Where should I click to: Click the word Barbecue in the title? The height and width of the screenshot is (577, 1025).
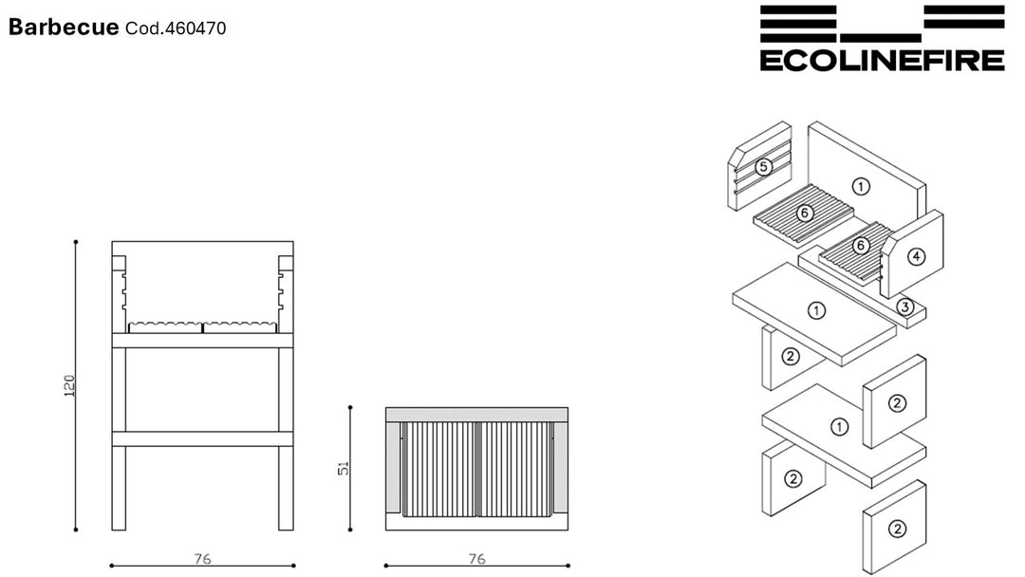point(64,27)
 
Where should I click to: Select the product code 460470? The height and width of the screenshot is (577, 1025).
point(196,28)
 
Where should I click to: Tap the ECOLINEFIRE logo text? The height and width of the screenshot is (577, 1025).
point(882,60)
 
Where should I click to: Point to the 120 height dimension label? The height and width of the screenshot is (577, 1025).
point(69,385)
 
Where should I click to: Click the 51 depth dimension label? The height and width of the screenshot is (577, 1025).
point(344,468)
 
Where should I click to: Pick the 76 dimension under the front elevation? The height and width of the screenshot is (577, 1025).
point(203,559)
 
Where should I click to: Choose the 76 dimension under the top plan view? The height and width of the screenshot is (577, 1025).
point(477,559)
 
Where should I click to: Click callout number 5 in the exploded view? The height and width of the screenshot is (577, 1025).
point(763,167)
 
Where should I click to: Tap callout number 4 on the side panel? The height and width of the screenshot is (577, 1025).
point(917,257)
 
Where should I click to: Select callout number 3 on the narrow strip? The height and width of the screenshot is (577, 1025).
point(904,307)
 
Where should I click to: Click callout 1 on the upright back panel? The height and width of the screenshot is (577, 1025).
point(861,187)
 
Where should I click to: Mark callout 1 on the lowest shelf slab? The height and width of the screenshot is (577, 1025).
point(839,427)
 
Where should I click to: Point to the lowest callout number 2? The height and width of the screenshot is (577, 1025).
point(897,529)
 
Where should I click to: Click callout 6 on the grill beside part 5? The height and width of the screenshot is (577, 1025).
point(805,213)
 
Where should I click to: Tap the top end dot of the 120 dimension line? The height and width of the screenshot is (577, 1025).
point(76,242)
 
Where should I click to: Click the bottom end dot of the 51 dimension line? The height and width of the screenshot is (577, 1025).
point(350,530)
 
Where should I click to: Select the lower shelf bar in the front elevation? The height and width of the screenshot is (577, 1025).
point(203,438)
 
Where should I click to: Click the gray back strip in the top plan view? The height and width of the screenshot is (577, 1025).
point(476,415)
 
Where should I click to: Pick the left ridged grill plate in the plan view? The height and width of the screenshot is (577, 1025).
point(439,469)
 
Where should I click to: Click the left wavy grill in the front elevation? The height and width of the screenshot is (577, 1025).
point(165,326)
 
